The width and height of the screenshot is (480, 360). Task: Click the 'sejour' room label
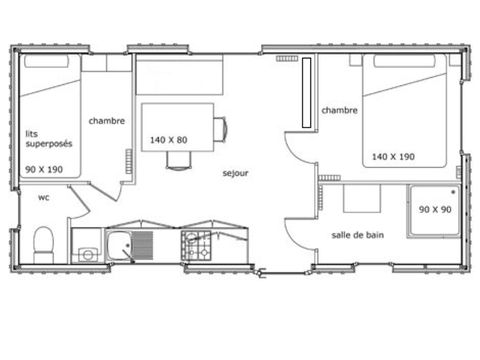(235, 171)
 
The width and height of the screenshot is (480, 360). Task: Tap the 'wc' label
(44, 197)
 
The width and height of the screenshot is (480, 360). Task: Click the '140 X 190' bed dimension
(394, 156)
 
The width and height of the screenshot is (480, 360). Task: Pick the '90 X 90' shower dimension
(436, 209)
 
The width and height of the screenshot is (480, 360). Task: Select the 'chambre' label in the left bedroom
(107, 121)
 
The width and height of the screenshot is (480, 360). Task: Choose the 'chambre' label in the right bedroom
(339, 110)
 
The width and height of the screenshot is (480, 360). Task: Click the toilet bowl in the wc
(43, 243)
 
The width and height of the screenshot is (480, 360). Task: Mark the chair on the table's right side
(221, 128)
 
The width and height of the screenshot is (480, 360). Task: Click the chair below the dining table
(177, 160)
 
